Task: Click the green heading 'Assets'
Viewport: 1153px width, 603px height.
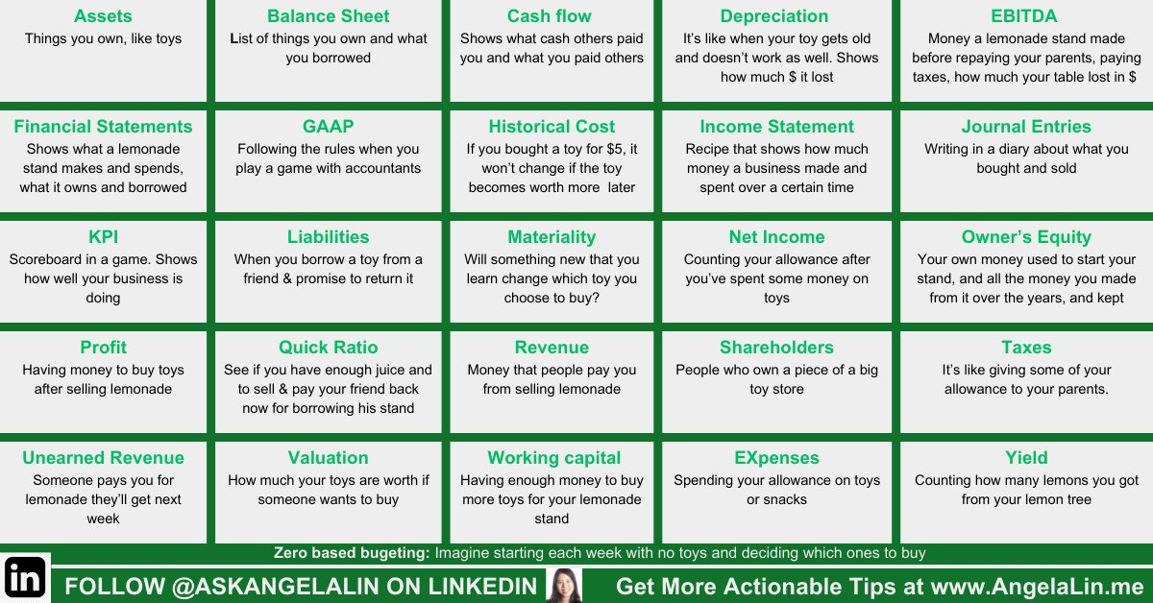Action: pos(103,16)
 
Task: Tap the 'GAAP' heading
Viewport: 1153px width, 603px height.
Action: pos(328,127)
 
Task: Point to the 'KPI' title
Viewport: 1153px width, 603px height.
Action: pos(103,237)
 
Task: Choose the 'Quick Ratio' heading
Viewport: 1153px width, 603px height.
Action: pos(328,348)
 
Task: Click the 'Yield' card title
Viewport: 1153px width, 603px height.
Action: pos(1026,458)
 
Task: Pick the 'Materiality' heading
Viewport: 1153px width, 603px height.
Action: pos(552,237)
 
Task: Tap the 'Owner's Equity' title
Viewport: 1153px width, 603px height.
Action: pos(1026,237)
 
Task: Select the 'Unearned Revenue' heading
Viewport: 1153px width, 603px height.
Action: pos(103,458)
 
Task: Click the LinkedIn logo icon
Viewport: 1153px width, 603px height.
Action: pos(25,578)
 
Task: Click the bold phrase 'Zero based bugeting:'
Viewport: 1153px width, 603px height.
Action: pos(352,553)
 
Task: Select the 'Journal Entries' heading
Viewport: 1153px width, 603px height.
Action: pos(1026,127)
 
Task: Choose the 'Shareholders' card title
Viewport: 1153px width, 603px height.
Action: pos(776,348)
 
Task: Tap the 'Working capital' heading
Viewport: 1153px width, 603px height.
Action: pos(553,458)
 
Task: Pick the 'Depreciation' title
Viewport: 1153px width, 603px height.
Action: pos(774,16)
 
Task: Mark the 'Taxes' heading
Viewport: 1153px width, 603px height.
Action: pos(1026,348)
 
